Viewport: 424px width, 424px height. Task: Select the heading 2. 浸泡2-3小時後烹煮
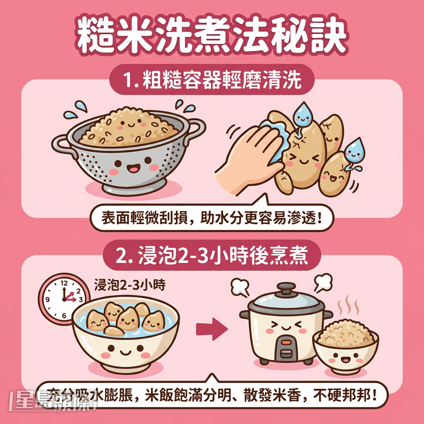click(212, 256)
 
